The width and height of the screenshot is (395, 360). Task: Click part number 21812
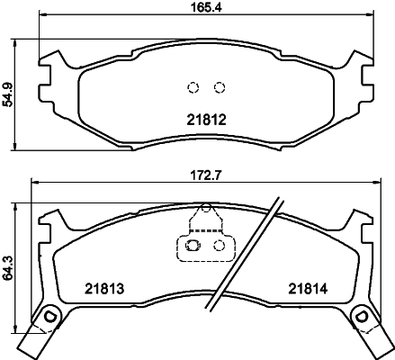click(x=205, y=118)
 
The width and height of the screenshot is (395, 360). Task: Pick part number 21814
click(x=307, y=289)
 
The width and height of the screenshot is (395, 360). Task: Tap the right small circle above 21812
click(x=218, y=87)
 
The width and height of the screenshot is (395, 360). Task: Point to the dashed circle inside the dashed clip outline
click(x=218, y=244)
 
